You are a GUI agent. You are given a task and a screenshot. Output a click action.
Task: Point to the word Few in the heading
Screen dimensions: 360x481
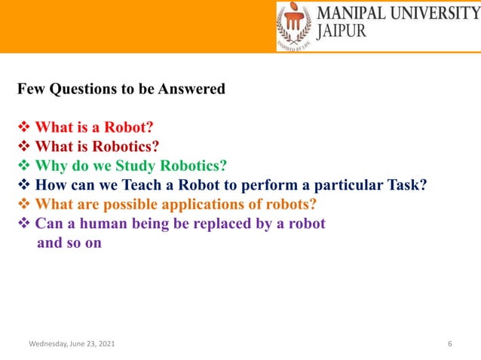(30, 89)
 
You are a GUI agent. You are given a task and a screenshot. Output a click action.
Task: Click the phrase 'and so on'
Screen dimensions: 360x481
(69, 243)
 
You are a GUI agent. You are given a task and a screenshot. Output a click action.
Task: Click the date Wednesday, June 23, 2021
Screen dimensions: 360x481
(72, 344)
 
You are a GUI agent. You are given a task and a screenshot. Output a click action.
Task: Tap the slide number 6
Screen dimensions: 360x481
(449, 344)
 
